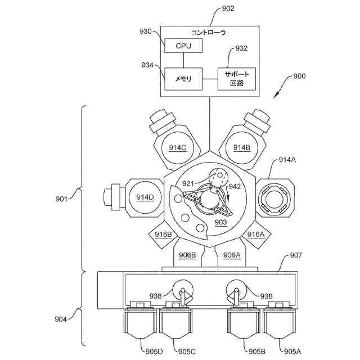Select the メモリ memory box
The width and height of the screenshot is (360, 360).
183,79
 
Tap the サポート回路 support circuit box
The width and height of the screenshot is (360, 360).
236,79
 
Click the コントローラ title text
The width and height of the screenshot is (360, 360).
209,33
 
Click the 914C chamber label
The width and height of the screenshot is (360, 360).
177,147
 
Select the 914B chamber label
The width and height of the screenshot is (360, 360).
241,147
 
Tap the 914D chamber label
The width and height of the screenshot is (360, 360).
145,197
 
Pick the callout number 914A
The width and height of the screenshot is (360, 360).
287,160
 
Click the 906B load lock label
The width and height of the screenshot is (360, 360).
187,255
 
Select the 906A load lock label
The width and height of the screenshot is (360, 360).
231,255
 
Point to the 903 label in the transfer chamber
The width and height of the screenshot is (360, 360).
220,223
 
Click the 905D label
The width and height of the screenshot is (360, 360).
154,352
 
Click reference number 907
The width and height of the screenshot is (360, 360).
296,255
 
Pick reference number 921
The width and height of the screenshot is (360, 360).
188,183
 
